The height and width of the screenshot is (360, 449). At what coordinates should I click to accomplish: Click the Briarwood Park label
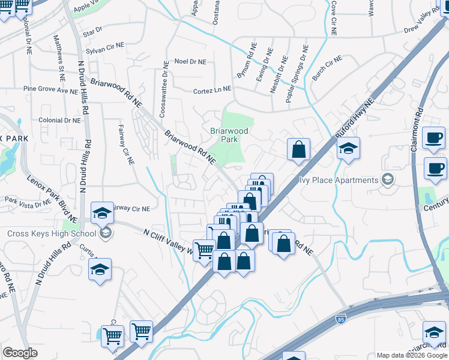pyautogui.click(x=225, y=135)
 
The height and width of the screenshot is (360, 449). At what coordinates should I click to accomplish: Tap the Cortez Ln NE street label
pyautogui.click(x=211, y=90)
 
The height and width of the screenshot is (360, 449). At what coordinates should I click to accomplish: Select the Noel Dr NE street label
pyautogui.click(x=190, y=62)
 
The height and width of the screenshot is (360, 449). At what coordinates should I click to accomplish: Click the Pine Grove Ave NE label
pyautogui.click(x=50, y=89)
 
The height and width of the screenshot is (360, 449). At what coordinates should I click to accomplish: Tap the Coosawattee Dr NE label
pyautogui.click(x=163, y=91)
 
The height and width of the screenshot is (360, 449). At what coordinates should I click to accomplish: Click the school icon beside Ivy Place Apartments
pyautogui.click(x=388, y=179)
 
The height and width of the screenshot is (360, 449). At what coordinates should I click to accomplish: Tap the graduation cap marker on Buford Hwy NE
pyautogui.click(x=348, y=149)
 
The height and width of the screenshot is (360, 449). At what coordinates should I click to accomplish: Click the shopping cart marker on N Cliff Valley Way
pyautogui.click(x=204, y=250)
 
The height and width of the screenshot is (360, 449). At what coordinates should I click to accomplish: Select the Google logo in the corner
pyautogui.click(x=20, y=353)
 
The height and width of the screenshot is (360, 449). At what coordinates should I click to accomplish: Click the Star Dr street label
pyautogui.click(x=93, y=31)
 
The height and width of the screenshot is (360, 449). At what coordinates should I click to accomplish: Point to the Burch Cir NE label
pyautogui.click(x=327, y=68)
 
